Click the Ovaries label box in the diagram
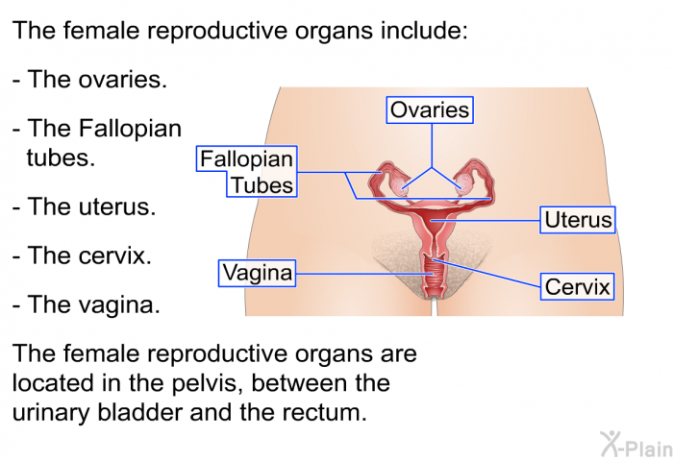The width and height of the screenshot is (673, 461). point(430,110)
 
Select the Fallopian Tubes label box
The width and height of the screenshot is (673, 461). point(247,172)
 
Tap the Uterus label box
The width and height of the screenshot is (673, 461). point(578,220)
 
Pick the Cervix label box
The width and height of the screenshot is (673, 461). point(577,286)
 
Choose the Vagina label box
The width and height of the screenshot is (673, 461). point(257,273)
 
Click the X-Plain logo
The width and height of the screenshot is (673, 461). point(636,445)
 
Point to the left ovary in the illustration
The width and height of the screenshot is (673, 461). point(401,185)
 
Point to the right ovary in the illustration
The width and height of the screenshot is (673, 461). point(462,185)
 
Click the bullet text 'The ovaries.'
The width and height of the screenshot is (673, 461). point(89,80)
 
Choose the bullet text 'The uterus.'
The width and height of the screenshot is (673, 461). point(85,206)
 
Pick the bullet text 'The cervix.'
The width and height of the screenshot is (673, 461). point(82,255)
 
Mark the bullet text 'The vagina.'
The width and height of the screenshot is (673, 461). point(87,304)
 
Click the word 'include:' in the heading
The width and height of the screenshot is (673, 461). point(424,30)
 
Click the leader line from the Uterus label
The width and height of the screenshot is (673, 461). point(485,221)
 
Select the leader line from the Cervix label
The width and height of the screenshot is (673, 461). point(486,273)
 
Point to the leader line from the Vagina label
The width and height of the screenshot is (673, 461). point(364,274)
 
